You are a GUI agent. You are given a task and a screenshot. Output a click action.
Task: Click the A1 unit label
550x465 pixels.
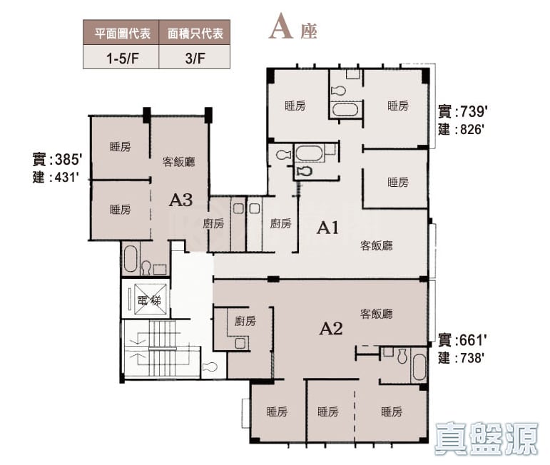327,228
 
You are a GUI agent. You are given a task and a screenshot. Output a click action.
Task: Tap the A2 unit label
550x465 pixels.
331,329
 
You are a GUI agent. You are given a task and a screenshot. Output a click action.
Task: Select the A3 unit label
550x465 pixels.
180,200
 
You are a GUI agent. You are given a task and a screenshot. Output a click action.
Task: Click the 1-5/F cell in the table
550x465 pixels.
121,57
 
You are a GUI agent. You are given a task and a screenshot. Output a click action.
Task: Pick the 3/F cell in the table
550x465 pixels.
195,57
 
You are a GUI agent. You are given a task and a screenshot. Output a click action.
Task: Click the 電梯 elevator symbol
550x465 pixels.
146,299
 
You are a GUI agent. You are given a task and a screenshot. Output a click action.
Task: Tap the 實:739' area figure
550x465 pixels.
463,112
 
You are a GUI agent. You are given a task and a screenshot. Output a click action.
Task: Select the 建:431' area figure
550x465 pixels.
55,177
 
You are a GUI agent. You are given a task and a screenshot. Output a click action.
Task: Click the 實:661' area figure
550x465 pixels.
462,339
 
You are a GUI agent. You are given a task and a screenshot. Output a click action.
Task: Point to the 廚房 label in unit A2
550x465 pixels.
245,320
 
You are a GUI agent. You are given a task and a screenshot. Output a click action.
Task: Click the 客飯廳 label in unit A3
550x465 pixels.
178,162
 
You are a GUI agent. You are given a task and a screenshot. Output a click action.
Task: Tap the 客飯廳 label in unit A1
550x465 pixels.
376,245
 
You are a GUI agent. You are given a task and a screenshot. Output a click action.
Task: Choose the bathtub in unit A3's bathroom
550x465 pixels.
130,259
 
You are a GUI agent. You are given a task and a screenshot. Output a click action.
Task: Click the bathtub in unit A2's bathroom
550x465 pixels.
419,367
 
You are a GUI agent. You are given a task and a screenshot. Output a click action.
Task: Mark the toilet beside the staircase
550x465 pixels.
210,367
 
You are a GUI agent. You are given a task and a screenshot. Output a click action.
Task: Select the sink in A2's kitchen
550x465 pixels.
241,343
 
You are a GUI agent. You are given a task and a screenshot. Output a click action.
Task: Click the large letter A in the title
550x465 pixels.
281,26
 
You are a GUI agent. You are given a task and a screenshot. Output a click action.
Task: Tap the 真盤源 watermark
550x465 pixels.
487,439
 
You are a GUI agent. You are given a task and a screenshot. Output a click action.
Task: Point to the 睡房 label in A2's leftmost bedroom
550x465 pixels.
277,412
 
